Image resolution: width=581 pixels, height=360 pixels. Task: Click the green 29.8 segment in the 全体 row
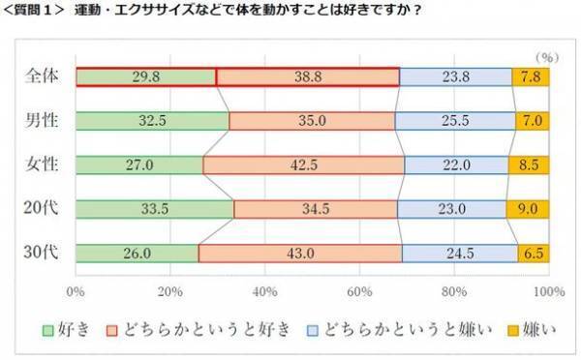click(145, 77)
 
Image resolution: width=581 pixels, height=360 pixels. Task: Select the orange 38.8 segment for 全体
click(307, 77)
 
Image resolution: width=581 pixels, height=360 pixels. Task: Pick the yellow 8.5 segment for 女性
click(529, 165)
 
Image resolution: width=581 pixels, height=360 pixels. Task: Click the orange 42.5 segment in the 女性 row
click(303, 165)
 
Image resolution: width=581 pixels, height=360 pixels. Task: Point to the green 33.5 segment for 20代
click(154, 208)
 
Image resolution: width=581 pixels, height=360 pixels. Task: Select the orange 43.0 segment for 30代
click(300, 253)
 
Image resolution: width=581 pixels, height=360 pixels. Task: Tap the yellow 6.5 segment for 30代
click(534, 253)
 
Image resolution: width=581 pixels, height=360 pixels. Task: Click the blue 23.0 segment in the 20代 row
click(451, 208)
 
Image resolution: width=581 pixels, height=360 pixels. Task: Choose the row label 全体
click(41, 77)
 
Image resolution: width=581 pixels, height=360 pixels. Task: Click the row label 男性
click(41, 121)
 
